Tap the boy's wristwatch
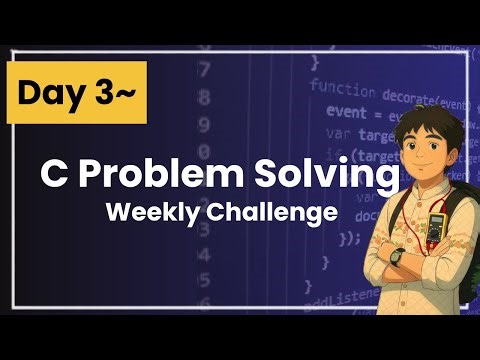pos(397,255)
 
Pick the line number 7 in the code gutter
pos(205,70)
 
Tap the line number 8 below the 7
pos(205,98)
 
